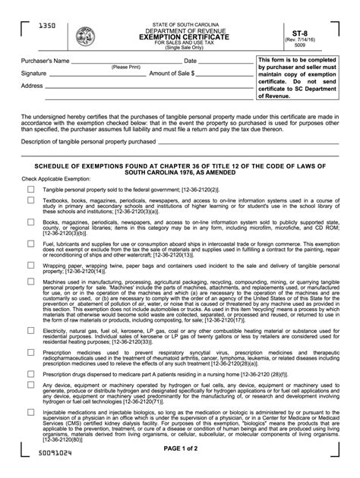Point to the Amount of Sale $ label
[172, 74]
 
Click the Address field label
[32, 86]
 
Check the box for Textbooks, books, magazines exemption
[30, 200]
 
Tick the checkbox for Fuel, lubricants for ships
[30, 244]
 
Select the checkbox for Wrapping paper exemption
[30, 266]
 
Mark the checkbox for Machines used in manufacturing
[30, 281]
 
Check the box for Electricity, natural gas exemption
[30, 332]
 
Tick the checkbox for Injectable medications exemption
[30, 412]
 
